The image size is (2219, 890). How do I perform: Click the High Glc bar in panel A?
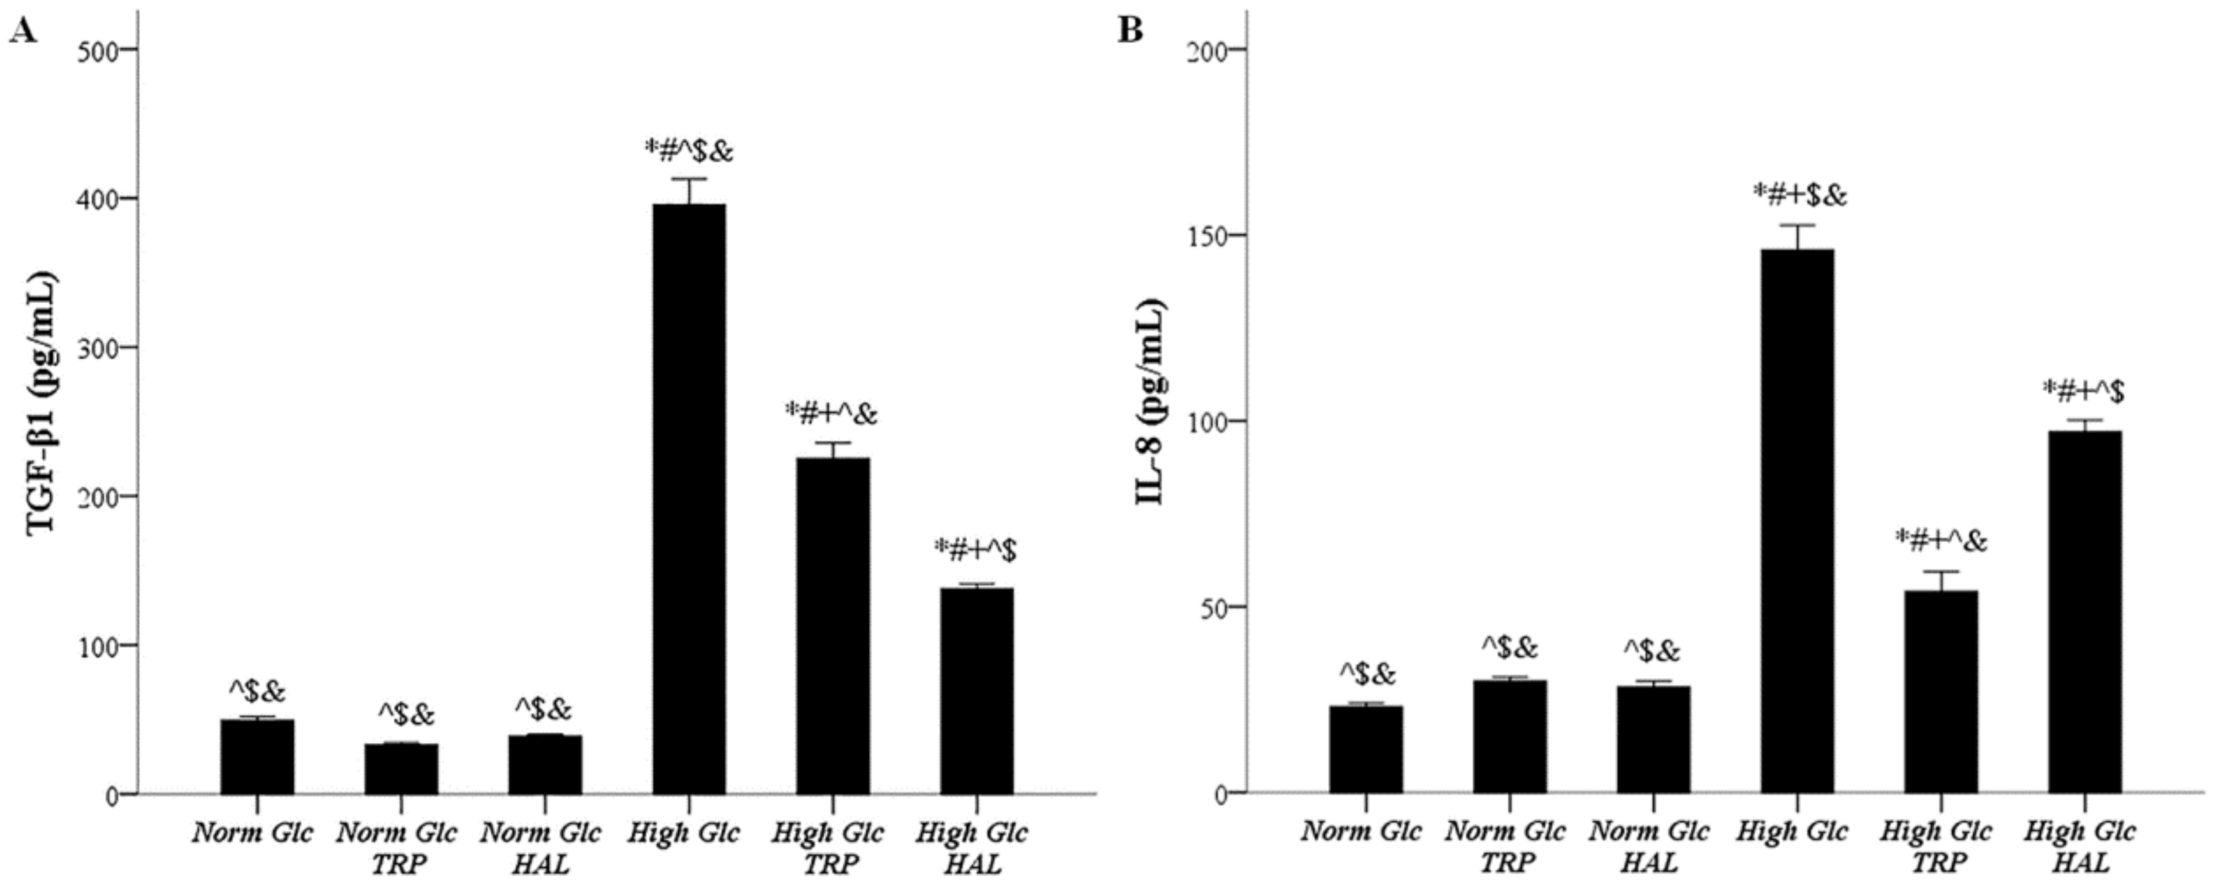click(689, 500)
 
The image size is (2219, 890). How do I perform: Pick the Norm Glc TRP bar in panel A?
click(402, 769)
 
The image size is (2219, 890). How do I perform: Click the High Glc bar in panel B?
click(1798, 521)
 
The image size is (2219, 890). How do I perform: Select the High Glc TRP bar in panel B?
click(1941, 692)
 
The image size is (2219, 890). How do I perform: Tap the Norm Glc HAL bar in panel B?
click(1654, 739)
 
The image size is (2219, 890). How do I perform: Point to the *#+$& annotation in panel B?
click(1800, 195)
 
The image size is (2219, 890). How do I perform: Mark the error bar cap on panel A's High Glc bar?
click(689, 179)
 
